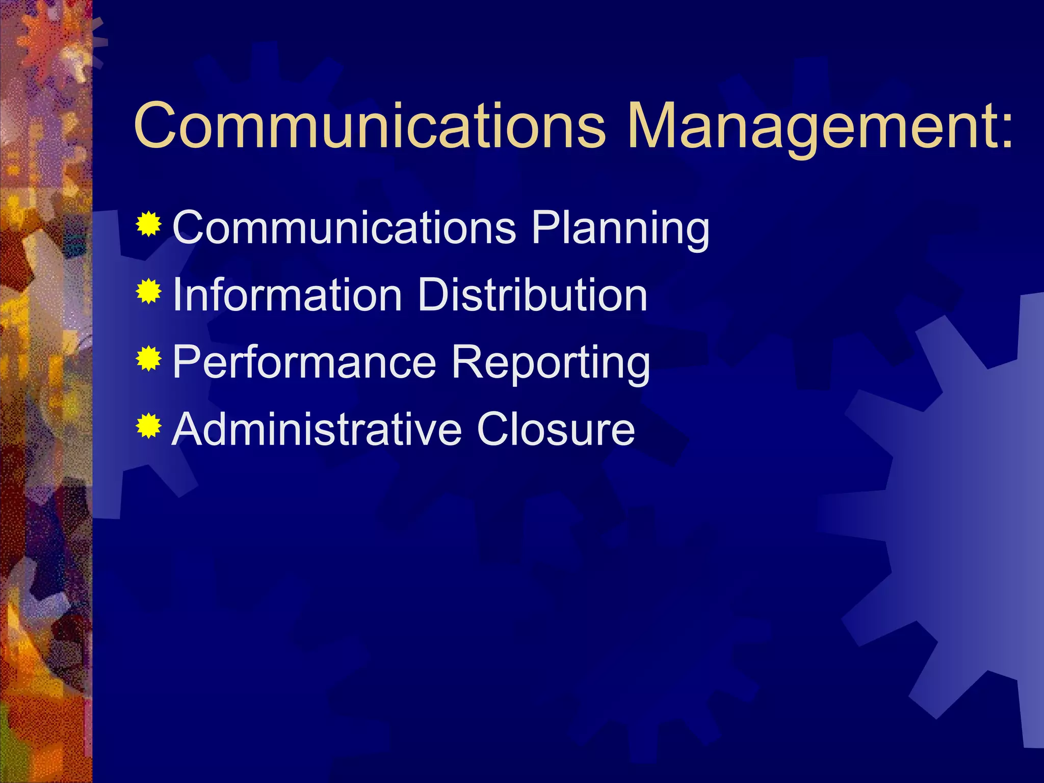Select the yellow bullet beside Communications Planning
tap(149, 224)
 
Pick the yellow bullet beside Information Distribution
tap(149, 292)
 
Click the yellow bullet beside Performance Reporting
tap(149, 359)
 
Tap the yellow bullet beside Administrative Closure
tap(149, 427)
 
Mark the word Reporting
tap(551, 363)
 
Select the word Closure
tap(556, 429)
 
